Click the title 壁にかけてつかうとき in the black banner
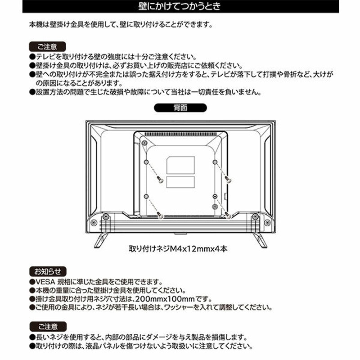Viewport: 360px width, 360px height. pos(180,7)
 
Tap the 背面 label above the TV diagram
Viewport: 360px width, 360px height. pos(180,108)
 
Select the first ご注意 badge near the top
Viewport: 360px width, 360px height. pos(48,46)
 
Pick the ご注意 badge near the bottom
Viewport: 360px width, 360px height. pos(48,326)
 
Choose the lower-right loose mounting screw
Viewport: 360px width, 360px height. pos(228,216)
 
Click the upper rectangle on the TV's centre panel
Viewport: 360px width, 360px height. pos(180,165)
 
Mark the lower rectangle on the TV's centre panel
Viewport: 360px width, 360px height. pos(180,182)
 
